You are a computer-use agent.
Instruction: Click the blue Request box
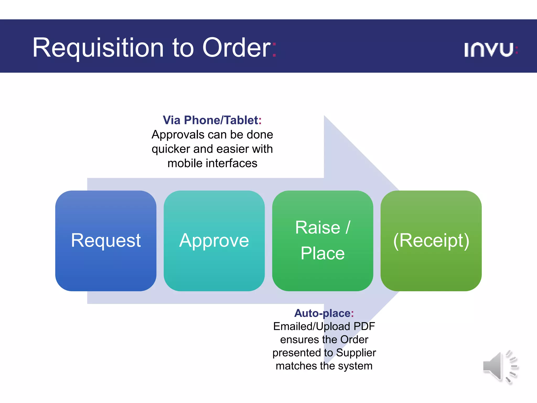pyautogui.click(x=106, y=241)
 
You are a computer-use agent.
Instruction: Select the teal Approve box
pyautogui.click(x=214, y=241)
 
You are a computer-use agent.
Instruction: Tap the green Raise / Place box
pyautogui.click(x=323, y=241)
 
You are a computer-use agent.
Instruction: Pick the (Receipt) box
pyautogui.click(x=431, y=241)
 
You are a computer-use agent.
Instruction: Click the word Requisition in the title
pyautogui.click(x=98, y=48)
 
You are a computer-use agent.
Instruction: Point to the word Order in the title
pyautogui.click(x=236, y=48)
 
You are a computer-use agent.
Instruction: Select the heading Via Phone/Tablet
pyautogui.click(x=212, y=120)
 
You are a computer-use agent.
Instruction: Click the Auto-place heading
pyautogui.click(x=324, y=313)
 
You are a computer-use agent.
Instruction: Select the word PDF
pyautogui.click(x=364, y=326)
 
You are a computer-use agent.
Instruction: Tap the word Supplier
pyautogui.click(x=356, y=353)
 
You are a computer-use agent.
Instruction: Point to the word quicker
pyautogui.click(x=171, y=149)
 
